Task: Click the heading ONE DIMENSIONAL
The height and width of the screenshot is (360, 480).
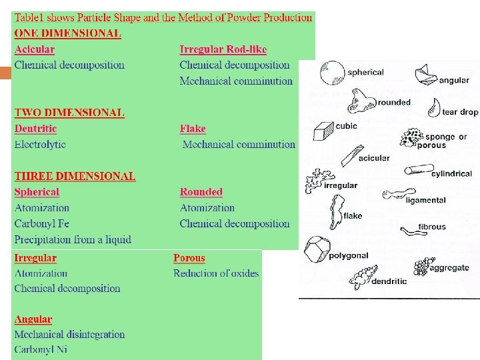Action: (x=68, y=33)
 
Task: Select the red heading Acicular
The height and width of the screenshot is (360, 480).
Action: (x=35, y=49)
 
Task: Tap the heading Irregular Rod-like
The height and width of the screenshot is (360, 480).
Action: (x=223, y=49)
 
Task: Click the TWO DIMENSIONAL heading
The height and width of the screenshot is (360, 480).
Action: (x=69, y=113)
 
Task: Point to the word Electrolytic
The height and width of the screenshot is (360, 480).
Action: (x=40, y=144)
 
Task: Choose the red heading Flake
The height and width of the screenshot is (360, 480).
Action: (x=193, y=129)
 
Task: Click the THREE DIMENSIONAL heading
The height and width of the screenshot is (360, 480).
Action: (x=75, y=176)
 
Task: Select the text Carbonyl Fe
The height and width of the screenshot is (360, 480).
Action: (x=41, y=223)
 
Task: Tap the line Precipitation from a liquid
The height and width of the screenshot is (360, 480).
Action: (x=73, y=239)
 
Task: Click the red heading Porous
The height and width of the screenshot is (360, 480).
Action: (x=189, y=258)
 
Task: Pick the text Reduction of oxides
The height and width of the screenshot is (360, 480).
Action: (x=216, y=273)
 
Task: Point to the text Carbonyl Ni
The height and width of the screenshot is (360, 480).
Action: (x=41, y=349)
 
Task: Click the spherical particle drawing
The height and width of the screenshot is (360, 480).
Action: (x=332, y=73)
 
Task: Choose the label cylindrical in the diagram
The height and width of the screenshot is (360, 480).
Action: (x=451, y=174)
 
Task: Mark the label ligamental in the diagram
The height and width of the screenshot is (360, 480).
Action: (x=425, y=200)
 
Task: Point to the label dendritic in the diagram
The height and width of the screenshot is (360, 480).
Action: (x=389, y=281)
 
